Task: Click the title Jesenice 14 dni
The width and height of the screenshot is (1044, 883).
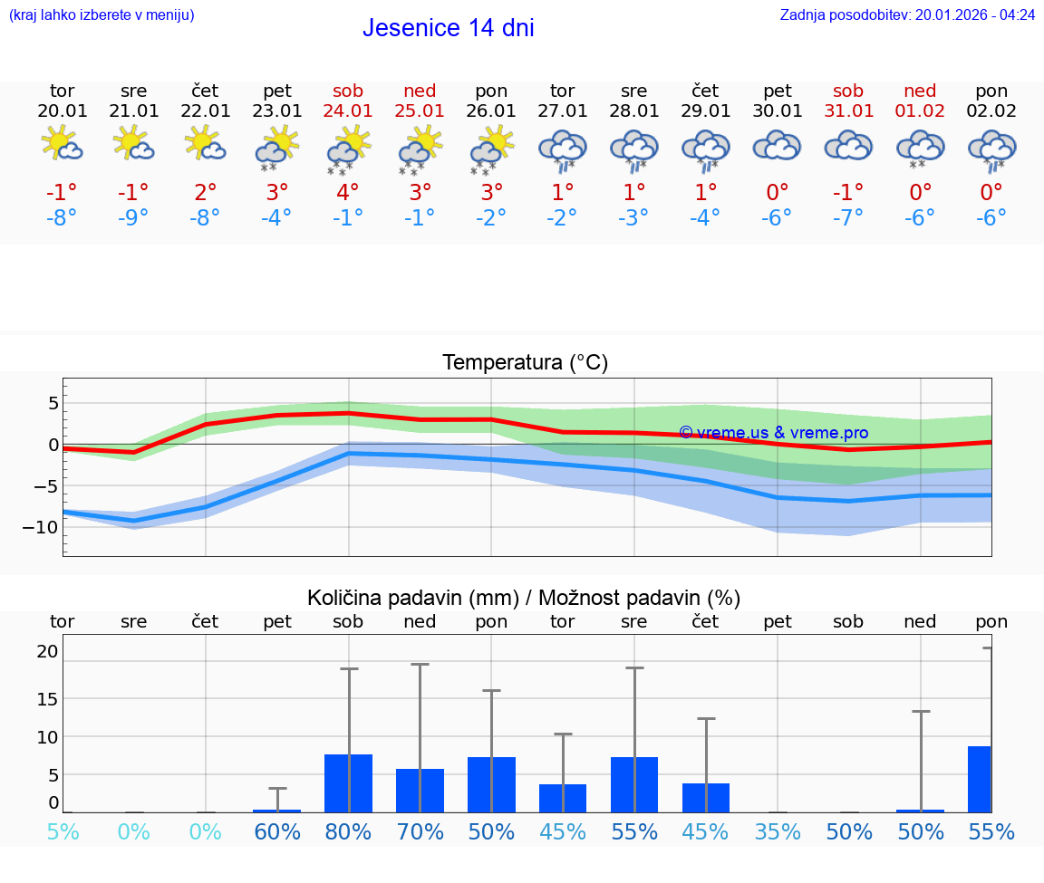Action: click(448, 28)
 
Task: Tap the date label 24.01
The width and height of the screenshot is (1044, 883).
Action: click(348, 111)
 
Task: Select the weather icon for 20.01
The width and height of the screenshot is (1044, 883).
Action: click(62, 145)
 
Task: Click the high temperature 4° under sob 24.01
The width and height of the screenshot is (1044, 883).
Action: click(348, 192)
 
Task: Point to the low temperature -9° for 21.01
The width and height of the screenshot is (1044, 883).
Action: click(133, 217)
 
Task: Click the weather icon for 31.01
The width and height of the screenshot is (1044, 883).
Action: click(848, 145)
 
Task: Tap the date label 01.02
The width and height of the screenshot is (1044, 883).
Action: click(920, 111)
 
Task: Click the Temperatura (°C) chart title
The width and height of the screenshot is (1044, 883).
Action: click(525, 362)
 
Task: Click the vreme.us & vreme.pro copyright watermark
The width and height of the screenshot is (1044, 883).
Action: click(773, 433)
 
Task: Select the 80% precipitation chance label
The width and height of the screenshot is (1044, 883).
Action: click(348, 831)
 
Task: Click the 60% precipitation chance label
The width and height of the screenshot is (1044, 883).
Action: click(277, 831)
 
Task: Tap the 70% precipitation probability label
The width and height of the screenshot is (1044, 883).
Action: click(420, 831)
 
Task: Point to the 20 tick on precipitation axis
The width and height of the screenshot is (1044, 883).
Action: click(47, 651)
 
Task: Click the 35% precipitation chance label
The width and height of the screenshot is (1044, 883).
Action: click(778, 831)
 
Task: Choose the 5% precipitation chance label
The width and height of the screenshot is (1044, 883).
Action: click(62, 831)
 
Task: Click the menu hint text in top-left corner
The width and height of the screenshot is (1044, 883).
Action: click(101, 14)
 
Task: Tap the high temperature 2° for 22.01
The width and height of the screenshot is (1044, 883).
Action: click(206, 192)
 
